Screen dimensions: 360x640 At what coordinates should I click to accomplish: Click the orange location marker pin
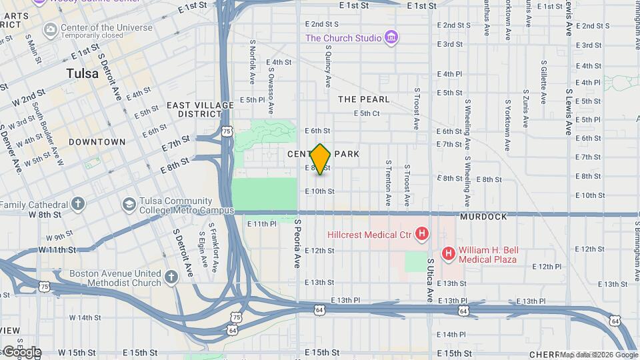(321, 159)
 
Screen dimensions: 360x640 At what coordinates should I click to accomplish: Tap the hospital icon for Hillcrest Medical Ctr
(421, 234)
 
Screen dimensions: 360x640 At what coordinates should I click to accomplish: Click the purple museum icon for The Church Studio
(392, 38)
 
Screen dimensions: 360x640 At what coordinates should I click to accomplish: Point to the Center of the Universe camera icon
(49, 29)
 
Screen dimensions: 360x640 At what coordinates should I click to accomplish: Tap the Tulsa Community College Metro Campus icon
(129, 204)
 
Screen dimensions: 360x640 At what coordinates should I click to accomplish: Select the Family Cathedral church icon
(78, 204)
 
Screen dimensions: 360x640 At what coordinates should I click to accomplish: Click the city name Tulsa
(83, 74)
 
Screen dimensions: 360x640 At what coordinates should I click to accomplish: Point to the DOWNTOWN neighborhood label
(97, 142)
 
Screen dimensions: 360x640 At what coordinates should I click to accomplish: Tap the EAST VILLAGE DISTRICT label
(201, 109)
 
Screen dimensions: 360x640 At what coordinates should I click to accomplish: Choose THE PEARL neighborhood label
(363, 99)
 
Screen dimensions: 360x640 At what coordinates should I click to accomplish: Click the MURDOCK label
(483, 217)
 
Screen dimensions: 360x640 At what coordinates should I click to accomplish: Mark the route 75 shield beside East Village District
(228, 131)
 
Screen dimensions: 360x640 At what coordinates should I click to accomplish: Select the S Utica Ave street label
(431, 279)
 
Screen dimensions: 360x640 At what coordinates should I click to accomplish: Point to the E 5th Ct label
(366, 113)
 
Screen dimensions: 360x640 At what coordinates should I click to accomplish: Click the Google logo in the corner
(21, 352)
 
